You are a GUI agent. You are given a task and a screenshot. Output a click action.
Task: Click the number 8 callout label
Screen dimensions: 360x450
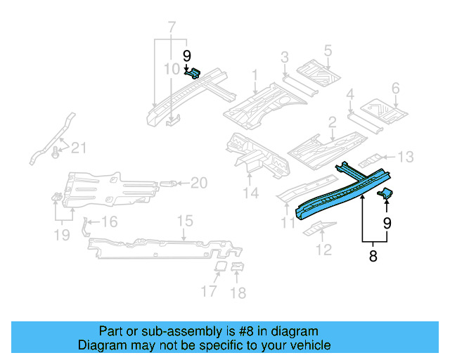373,257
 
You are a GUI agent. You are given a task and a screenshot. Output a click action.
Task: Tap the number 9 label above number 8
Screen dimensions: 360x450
387,224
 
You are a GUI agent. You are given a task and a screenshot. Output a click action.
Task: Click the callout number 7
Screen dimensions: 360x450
171,29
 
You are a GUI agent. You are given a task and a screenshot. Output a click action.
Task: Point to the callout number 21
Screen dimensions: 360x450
79,148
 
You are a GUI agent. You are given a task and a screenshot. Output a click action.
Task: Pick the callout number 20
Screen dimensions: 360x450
199,184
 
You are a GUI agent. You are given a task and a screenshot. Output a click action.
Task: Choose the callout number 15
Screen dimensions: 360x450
184,221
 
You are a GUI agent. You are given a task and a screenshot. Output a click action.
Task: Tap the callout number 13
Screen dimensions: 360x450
406,157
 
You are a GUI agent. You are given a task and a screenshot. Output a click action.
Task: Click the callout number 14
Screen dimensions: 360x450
251,193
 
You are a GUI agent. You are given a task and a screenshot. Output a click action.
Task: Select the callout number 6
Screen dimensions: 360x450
395,89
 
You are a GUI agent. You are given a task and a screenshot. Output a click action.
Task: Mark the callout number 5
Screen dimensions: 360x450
328,51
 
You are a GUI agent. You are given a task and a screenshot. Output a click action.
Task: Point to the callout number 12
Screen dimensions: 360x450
324,249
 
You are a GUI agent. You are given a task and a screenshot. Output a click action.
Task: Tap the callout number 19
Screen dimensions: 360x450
63,235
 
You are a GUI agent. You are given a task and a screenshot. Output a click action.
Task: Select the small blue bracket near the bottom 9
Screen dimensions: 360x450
385,193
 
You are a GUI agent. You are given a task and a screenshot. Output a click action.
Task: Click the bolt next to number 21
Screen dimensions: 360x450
57,150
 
